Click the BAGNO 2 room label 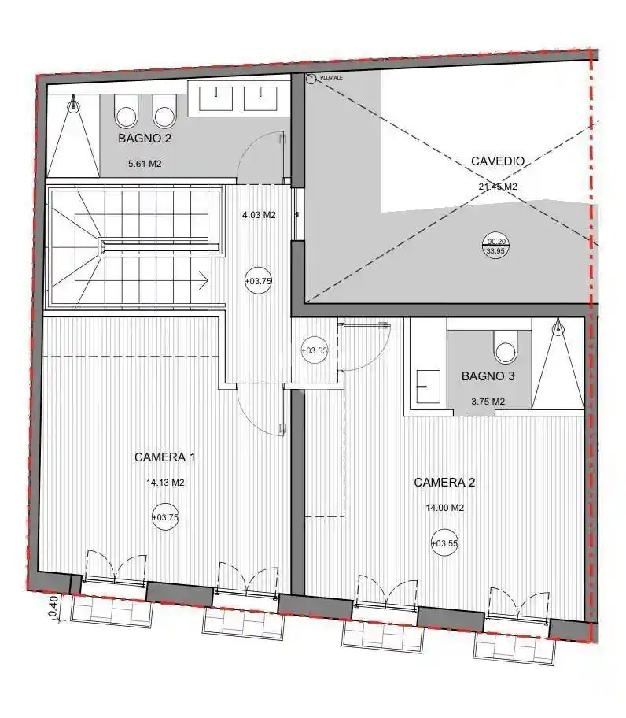[145, 138]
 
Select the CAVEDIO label [497, 161]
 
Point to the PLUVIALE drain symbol [311, 79]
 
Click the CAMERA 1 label [165, 457]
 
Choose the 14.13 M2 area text [165, 483]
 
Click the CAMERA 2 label [444, 482]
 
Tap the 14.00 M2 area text [444, 508]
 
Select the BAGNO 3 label [488, 376]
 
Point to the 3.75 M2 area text [488, 402]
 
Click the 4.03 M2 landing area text [259, 214]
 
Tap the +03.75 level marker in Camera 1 [165, 517]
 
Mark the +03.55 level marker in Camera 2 [444, 542]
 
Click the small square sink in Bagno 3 [429, 387]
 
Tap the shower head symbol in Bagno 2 [74, 103]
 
